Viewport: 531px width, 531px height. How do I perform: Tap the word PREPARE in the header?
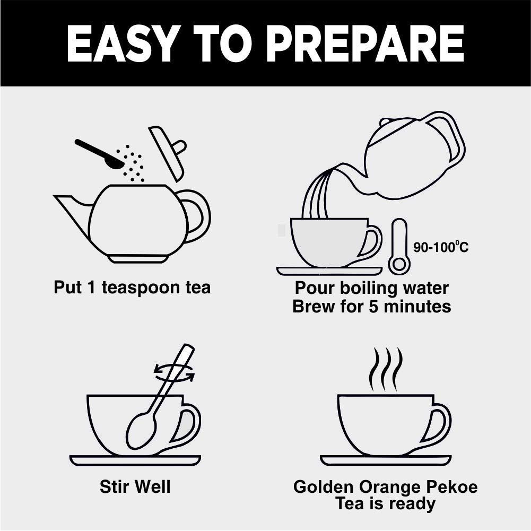367,43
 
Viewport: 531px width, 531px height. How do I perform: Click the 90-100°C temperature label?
441,247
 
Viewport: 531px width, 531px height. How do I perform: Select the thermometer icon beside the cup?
399,247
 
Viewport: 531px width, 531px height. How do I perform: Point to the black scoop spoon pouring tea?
98,153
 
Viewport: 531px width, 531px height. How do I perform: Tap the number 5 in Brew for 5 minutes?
373,307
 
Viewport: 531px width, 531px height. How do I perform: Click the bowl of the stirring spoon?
142,433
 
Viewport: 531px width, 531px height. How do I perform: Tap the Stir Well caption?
135,486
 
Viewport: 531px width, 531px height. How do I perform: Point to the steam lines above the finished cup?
386,369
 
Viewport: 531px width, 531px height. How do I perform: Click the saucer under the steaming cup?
386,460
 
